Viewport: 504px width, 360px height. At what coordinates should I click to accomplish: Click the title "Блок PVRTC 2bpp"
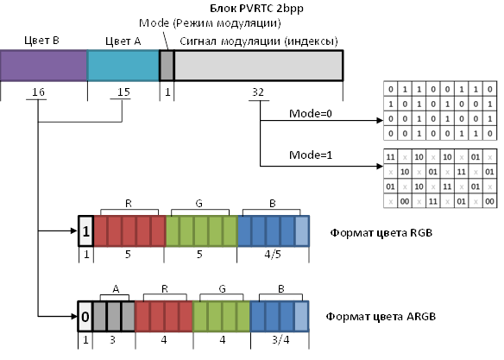coord(256,9)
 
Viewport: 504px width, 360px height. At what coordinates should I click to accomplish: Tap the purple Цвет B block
coord(44,66)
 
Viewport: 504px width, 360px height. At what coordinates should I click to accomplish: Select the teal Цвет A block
coord(123,66)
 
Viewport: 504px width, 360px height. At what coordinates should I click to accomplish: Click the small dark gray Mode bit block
coord(167,66)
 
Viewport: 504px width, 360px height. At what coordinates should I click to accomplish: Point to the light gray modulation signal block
coord(259,66)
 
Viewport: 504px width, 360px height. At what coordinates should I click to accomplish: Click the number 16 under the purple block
coord(38,92)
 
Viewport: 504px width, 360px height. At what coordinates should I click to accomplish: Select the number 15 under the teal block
coord(123,92)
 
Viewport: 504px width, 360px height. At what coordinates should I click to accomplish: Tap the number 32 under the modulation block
coord(258,92)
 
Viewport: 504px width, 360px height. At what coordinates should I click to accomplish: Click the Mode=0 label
coord(311,113)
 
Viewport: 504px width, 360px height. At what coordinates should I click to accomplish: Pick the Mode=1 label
coord(311,155)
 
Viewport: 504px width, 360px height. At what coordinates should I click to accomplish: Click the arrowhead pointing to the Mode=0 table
coord(380,121)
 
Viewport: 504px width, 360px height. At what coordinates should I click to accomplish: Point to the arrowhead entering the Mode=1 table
coord(380,166)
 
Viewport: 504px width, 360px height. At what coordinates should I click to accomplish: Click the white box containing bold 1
coord(85,231)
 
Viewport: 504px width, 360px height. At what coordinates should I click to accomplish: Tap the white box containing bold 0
coord(85,317)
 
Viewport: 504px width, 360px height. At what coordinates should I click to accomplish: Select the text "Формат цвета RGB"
coord(381,233)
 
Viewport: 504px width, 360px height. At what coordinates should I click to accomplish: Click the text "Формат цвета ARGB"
coord(381,317)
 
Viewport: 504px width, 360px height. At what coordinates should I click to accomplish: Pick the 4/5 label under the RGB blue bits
coord(273,255)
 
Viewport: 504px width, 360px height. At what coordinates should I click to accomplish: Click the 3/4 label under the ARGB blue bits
coord(280,340)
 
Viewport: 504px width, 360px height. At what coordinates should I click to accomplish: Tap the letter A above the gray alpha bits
coord(116,289)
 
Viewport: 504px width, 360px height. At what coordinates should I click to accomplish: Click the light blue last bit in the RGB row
coord(302,231)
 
